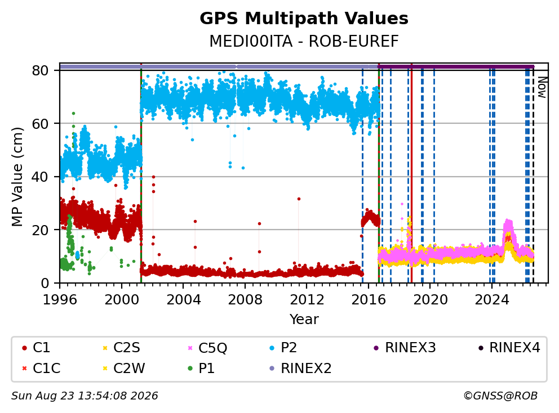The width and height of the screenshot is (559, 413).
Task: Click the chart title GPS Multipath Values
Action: [x=304, y=19]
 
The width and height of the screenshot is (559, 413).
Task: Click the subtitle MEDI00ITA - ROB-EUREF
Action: [x=304, y=41]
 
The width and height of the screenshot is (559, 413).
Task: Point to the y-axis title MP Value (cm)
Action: [x=17, y=177]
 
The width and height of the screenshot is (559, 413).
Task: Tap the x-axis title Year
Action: [x=304, y=320]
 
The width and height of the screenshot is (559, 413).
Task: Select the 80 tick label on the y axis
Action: [x=40, y=70]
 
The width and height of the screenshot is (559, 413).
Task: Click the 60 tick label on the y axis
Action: [x=40, y=124]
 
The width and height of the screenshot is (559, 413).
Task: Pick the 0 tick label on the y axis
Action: [x=45, y=283]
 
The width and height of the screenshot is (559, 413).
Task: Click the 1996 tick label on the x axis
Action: [x=60, y=300]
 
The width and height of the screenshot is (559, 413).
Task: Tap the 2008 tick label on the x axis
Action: [x=245, y=300]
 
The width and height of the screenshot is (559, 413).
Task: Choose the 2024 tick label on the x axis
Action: [x=492, y=300]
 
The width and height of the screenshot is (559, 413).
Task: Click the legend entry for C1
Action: [x=36, y=348]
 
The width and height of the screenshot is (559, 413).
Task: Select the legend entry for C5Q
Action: [x=207, y=348]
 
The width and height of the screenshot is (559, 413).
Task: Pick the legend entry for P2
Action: [x=283, y=348]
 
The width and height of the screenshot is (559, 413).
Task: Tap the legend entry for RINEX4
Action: [x=509, y=348]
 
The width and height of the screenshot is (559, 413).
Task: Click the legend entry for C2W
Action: [x=123, y=368]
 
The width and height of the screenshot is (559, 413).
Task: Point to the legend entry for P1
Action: [x=201, y=368]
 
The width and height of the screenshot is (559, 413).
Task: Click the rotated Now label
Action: [x=542, y=88]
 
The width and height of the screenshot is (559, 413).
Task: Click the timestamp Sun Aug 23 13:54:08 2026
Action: [x=85, y=396]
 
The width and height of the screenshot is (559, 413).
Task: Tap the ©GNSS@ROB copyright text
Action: [x=500, y=396]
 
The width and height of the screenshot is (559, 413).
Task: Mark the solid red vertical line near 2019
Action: [x=411, y=173]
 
